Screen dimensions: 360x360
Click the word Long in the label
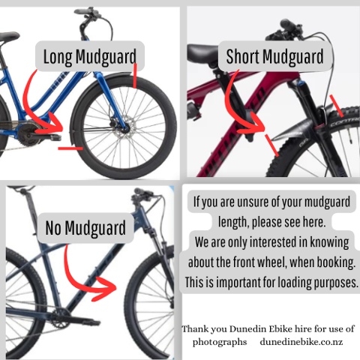(58, 57)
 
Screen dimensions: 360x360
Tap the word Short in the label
(242, 56)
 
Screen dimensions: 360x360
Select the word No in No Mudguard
(53, 228)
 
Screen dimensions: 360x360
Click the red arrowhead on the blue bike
(55, 126)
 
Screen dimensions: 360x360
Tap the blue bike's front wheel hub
(126, 129)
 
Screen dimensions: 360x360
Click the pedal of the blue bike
(52, 136)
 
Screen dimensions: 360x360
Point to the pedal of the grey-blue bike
(91, 322)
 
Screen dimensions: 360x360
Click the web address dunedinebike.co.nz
(301, 342)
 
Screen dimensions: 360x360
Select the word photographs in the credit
(220, 342)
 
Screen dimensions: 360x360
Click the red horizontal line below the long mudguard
(70, 148)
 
